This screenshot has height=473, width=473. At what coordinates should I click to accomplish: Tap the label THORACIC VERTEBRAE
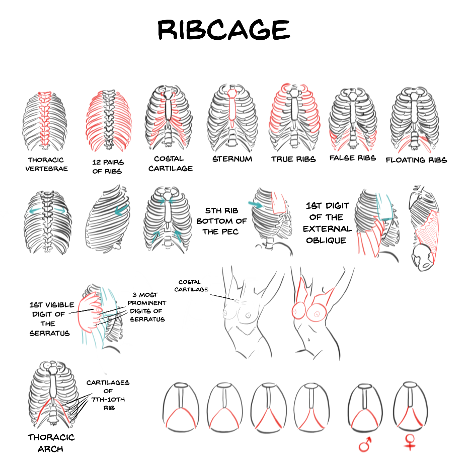click(46, 164)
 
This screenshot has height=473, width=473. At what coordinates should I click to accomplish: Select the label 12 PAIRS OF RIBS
click(108, 167)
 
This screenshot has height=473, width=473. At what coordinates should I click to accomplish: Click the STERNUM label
click(232, 159)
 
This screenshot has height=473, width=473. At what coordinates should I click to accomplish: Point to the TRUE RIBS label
click(293, 159)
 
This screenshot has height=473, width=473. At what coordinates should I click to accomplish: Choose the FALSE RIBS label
click(352, 158)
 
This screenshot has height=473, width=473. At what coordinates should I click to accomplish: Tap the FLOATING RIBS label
click(416, 160)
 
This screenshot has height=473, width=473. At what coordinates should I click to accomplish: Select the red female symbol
click(411, 442)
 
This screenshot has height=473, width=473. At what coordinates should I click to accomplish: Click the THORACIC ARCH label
click(51, 442)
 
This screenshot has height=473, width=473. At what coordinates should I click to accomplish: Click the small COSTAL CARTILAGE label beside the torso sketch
click(194, 286)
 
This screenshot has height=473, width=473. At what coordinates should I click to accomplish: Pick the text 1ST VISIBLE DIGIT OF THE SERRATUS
click(52, 319)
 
